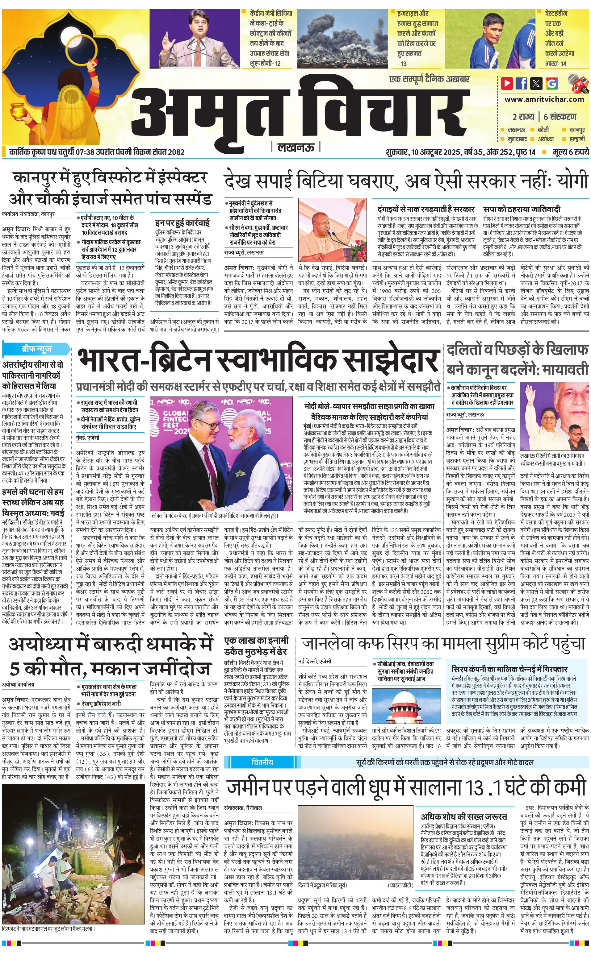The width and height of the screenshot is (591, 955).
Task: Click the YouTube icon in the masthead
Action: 507,83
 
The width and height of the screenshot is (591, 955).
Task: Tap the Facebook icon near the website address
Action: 522,83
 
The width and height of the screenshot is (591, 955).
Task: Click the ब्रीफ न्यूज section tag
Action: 37,348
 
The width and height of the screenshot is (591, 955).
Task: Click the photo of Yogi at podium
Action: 333,230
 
